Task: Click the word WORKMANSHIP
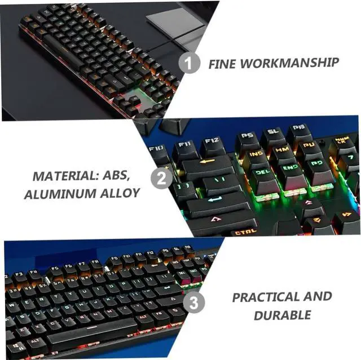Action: point(290,62)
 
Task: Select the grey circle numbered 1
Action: point(190,63)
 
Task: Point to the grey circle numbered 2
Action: point(161,179)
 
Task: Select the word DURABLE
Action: point(282,315)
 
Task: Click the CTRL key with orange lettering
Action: point(246,231)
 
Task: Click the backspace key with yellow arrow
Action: point(206,164)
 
